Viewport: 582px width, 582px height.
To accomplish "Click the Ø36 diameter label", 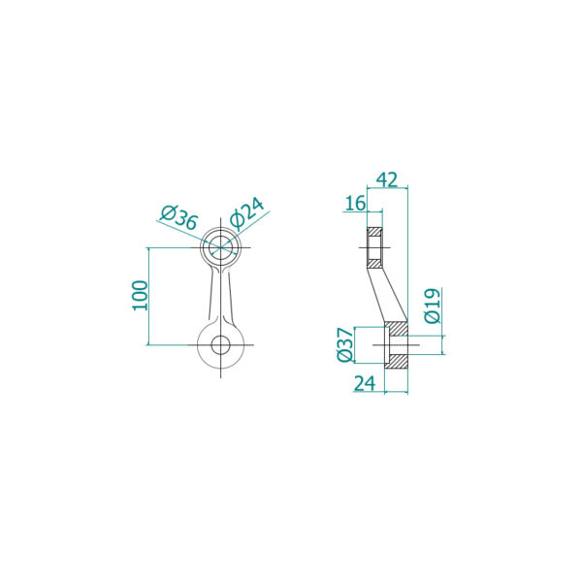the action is click(x=178, y=217).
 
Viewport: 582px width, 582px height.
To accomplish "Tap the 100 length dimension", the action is click(x=141, y=296).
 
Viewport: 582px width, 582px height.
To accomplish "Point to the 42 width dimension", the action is click(x=387, y=179).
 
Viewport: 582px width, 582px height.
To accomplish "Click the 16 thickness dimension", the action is click(x=355, y=204).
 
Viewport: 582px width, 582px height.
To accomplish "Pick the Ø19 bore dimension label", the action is click(x=433, y=306).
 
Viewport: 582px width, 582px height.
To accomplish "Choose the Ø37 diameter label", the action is click(x=345, y=344).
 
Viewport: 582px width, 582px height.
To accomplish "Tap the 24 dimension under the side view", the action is click(x=365, y=383).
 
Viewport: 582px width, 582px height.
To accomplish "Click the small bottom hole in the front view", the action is click(x=220, y=344).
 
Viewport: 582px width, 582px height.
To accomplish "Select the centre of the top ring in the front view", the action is click(x=220, y=247).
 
